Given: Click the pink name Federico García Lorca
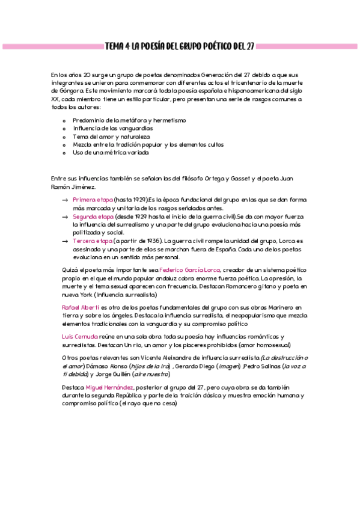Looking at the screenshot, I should [x=190, y=270].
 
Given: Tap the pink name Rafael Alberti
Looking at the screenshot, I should [x=81, y=307].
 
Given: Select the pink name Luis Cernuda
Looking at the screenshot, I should [x=79, y=336].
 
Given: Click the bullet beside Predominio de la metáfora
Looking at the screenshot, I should [x=64, y=120].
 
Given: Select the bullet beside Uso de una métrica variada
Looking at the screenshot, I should [x=64, y=153].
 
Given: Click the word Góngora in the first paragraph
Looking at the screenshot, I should [x=65, y=90].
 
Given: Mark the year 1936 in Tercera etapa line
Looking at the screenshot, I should [x=153, y=241].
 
